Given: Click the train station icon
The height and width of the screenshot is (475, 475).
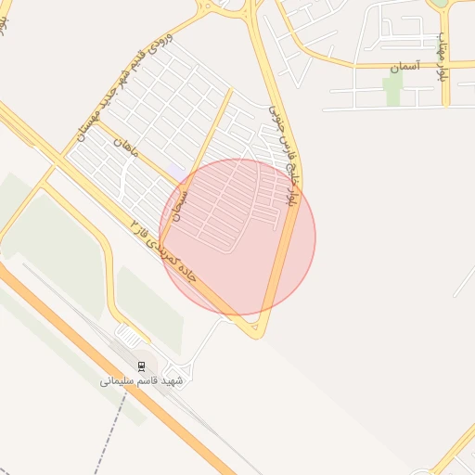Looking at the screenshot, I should click(x=142, y=366).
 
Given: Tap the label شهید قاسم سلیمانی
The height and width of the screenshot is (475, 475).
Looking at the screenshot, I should click(x=142, y=380).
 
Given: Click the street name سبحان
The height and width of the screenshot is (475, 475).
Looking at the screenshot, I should click(x=183, y=207).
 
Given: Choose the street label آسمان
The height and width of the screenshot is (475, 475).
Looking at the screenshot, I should click(x=405, y=68).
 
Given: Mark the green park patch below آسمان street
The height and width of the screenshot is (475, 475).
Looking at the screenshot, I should click(x=393, y=90).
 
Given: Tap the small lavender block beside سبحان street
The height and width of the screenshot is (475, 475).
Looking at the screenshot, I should click(x=175, y=173).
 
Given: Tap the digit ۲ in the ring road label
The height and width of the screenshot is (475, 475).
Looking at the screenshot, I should click(x=136, y=225).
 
